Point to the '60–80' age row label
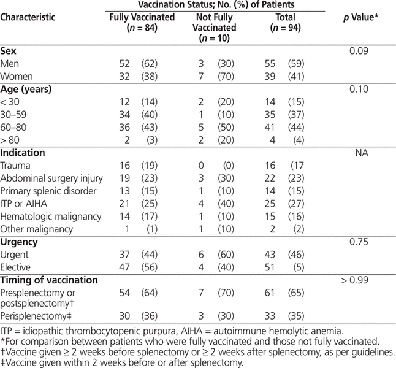click(13, 126)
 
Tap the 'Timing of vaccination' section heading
click(49, 280)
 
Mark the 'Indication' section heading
click(23, 152)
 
